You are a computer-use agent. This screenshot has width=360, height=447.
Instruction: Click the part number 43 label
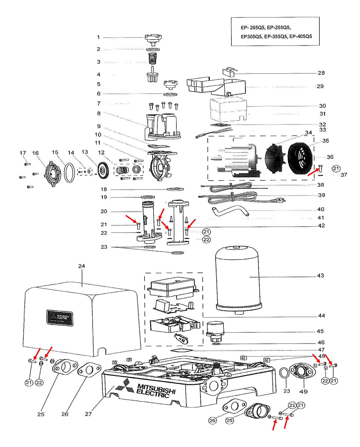click(x=320, y=276)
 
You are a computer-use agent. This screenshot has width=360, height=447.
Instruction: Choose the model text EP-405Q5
click(x=301, y=36)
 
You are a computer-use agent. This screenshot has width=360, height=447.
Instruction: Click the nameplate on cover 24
click(x=60, y=318)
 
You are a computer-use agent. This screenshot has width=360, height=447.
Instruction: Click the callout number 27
click(x=88, y=414)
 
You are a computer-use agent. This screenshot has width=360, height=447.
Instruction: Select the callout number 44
click(x=321, y=316)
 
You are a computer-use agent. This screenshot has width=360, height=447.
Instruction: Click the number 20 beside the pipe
click(x=104, y=211)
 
